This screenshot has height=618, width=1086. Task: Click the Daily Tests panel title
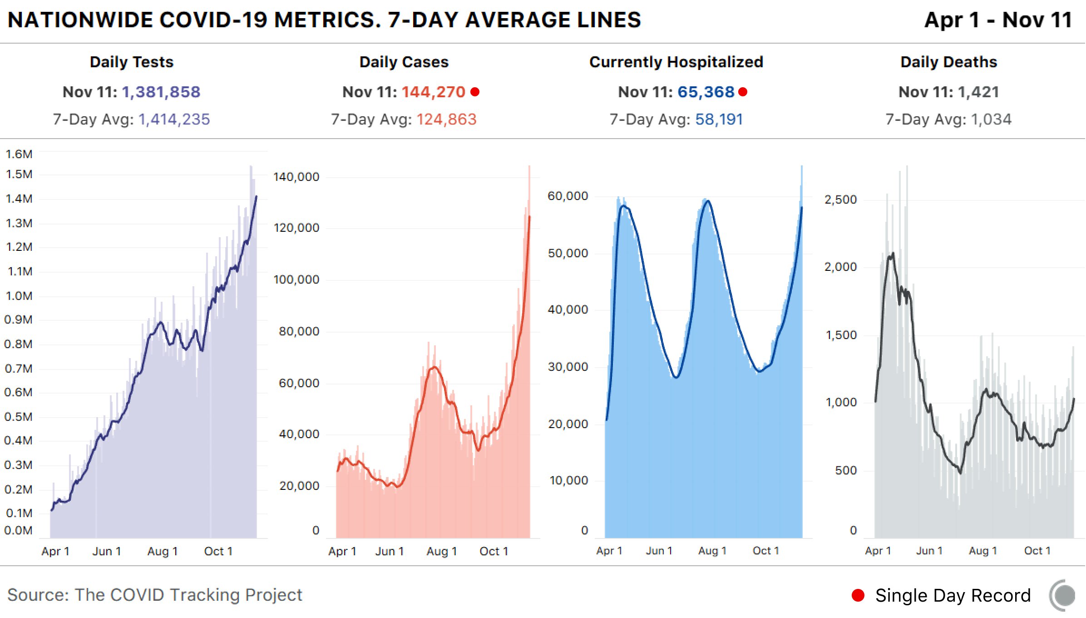tap(132, 62)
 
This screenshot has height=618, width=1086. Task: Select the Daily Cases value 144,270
tap(434, 92)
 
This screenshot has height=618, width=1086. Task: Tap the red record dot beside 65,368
tap(743, 92)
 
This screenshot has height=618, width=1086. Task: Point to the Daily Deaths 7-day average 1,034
tap(991, 119)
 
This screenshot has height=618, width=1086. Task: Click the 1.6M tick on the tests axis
tap(19, 154)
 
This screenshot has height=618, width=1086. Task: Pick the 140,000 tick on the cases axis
tap(296, 177)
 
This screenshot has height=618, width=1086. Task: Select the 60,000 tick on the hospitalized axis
tap(568, 196)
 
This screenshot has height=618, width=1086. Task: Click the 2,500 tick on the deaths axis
tap(841, 199)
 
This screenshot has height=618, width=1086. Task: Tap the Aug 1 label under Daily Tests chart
tap(163, 551)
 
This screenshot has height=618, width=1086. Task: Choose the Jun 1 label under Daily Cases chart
tap(390, 551)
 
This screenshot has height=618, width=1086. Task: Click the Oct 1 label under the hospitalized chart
tap(766, 551)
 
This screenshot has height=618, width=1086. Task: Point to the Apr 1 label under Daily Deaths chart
tap(878, 551)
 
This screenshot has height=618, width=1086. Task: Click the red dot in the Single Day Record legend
tap(858, 595)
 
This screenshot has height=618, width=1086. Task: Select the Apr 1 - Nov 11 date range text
tap(998, 20)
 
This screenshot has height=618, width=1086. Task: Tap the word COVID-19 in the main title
tap(213, 20)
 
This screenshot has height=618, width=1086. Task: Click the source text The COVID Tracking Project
tap(188, 595)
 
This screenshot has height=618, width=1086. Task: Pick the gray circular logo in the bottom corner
tap(1062, 595)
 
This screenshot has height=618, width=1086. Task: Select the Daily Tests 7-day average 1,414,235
tap(174, 119)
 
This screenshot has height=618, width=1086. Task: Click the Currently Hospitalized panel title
tap(676, 62)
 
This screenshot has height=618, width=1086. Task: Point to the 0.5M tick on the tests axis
tap(18, 417)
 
